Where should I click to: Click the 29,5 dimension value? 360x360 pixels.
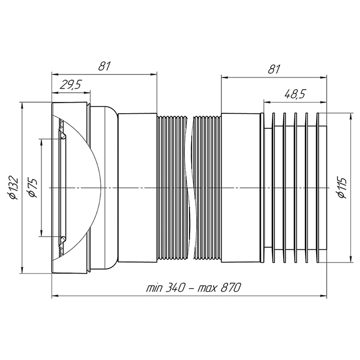click(x=71, y=85)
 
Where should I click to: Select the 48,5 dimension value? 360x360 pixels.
click(x=295, y=94)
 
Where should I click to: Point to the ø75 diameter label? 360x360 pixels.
click(x=32, y=188)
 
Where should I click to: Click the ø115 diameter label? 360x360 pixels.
click(x=342, y=188)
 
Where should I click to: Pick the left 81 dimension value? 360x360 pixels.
click(x=104, y=66)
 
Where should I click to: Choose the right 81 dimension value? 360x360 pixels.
click(x=274, y=69)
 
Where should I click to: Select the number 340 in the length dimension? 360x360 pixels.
click(x=175, y=288)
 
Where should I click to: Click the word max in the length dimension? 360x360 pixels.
click(x=207, y=288)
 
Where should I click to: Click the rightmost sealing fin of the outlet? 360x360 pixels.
click(x=318, y=188)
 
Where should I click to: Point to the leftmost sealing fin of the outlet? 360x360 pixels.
click(x=273, y=188)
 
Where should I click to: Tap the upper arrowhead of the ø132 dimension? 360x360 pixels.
click(x=22, y=106)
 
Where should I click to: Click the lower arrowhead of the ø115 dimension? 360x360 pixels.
click(x=350, y=259)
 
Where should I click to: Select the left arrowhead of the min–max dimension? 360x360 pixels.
click(x=56, y=296)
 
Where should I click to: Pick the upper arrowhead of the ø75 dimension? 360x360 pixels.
click(x=41, y=143)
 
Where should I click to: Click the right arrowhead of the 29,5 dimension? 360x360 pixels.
click(x=86, y=93)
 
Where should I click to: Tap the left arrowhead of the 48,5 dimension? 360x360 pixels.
click(x=267, y=102)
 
